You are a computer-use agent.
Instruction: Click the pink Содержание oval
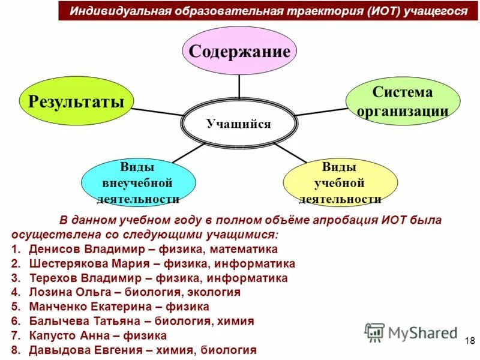[239, 50]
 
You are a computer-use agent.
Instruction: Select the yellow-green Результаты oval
[76, 100]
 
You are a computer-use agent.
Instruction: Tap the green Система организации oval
[403, 102]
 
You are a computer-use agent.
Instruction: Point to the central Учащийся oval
[239, 124]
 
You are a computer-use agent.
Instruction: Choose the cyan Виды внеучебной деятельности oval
[138, 182]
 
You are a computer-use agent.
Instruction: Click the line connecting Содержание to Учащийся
[239, 87]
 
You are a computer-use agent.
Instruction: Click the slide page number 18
[469, 341]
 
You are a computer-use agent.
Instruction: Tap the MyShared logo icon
[374, 332]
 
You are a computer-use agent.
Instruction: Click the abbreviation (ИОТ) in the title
[383, 11]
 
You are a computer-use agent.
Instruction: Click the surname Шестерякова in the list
[65, 263]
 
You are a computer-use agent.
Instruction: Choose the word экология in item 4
[213, 292]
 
